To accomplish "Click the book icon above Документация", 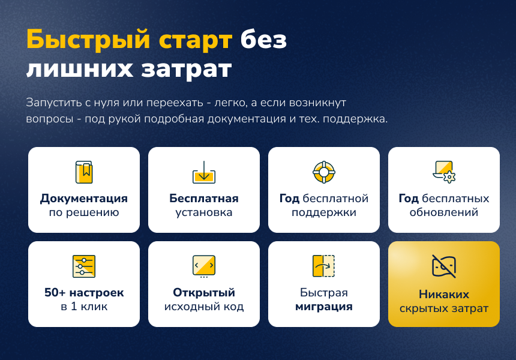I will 84,172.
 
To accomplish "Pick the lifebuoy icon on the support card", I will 324,172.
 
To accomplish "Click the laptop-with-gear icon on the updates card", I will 444,171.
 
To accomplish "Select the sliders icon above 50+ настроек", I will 84,266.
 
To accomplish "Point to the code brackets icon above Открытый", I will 204,266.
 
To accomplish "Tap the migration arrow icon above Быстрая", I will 324,266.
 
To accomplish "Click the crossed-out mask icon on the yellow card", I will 444,266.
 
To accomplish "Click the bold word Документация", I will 84,199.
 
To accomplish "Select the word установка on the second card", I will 204,212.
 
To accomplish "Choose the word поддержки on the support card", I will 324,212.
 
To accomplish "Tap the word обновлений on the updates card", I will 444,212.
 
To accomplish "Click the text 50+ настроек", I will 84,293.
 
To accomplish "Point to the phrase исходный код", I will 204,307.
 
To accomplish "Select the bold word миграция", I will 324,307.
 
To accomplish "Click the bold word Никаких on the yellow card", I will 444,295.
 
